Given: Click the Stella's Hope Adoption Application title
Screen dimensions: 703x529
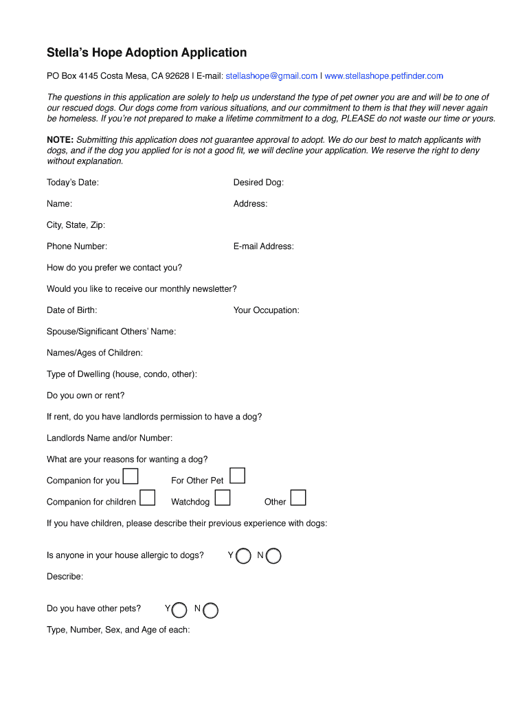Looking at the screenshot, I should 146,53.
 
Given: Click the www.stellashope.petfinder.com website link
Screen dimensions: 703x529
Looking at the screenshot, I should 383,76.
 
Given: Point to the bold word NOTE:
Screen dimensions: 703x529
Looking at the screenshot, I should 60,140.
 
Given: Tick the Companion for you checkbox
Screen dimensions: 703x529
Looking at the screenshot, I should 131,477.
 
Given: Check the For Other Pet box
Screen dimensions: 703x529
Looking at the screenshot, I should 237,476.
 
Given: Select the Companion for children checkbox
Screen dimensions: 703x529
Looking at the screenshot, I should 147,498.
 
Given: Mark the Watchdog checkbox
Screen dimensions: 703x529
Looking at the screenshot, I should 221,498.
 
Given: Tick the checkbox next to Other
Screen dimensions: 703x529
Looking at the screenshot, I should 298,498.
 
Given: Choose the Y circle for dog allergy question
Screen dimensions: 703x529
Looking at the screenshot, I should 243,556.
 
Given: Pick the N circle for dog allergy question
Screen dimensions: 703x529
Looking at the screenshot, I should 273,556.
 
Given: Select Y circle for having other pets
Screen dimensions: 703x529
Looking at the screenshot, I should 179,610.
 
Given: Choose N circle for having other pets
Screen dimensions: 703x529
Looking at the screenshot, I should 211,610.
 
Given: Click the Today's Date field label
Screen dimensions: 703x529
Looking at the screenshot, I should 73,183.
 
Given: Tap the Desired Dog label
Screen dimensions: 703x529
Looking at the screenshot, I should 258,183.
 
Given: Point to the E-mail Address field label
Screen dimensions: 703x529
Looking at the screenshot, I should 263,246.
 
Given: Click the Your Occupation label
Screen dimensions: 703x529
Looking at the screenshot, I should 266,310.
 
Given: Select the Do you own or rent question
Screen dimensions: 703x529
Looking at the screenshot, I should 86,395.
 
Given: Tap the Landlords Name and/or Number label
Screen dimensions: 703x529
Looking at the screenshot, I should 110,438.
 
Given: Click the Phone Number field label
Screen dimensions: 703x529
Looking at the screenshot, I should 77,246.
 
